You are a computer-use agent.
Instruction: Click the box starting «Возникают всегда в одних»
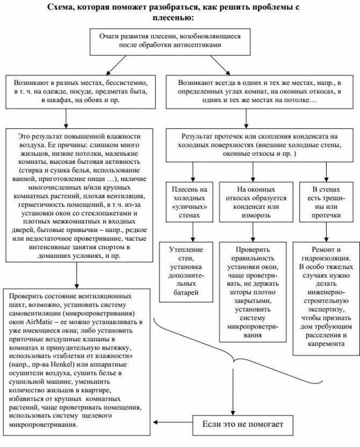(x=258, y=91)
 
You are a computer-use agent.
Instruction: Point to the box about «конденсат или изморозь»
(x=251, y=201)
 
